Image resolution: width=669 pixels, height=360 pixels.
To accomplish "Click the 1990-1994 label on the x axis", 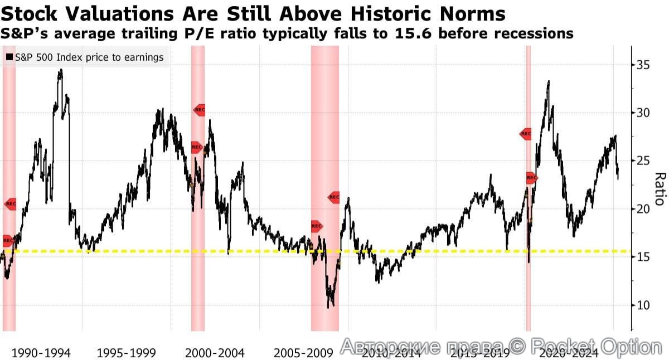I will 41,353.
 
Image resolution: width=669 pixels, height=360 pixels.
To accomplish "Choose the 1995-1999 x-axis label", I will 126,353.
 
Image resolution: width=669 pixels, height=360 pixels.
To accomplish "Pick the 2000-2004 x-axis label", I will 215,353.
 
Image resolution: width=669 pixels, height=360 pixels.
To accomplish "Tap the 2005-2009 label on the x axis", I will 304,353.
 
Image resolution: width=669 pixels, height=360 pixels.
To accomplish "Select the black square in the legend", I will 9,57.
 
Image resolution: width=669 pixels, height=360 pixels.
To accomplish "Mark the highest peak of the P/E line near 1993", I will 61,70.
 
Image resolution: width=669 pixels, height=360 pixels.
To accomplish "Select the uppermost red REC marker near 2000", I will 199,110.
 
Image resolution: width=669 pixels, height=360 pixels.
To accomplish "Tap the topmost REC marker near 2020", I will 526,134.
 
